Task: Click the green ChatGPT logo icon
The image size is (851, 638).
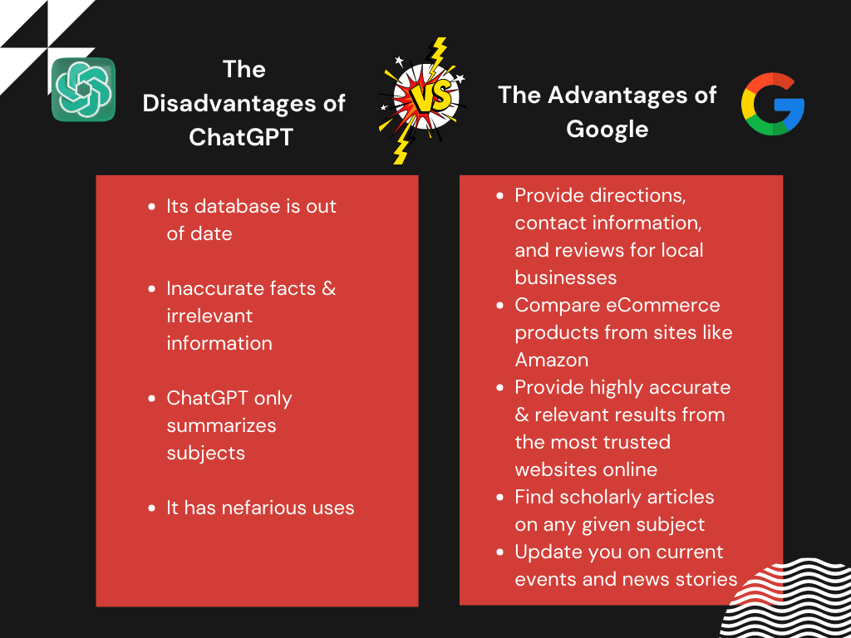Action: (x=84, y=89)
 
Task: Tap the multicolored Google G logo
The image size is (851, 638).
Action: (x=773, y=104)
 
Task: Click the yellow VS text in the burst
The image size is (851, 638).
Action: (x=430, y=97)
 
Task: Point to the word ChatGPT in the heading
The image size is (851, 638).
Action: (x=241, y=137)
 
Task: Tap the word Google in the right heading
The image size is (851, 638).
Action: (x=608, y=129)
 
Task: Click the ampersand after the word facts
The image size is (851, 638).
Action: (x=329, y=288)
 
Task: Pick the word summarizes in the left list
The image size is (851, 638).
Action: (x=221, y=425)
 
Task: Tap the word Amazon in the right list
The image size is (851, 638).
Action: (x=552, y=360)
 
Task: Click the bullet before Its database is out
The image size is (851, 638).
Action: (x=151, y=207)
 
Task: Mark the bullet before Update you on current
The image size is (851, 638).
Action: (x=499, y=552)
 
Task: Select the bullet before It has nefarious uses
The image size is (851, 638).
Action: (x=151, y=508)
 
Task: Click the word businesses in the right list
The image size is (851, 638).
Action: (x=565, y=277)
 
